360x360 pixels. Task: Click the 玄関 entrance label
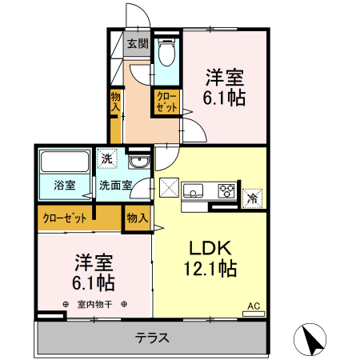tap(138, 44)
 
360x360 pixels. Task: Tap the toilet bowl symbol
tap(166, 54)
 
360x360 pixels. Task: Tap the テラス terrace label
tap(152, 338)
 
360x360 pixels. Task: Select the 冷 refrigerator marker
tap(252, 197)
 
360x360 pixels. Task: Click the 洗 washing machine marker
tap(107, 158)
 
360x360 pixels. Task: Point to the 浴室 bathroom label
tap(65, 186)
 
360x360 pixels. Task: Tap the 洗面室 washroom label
tap(115, 186)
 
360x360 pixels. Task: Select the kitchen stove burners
tap(226, 190)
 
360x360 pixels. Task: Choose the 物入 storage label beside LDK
tap(137, 218)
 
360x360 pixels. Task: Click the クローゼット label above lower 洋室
tap(62, 217)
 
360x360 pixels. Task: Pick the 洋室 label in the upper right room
tap(225, 78)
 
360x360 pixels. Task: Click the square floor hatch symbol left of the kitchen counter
tap(170, 190)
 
